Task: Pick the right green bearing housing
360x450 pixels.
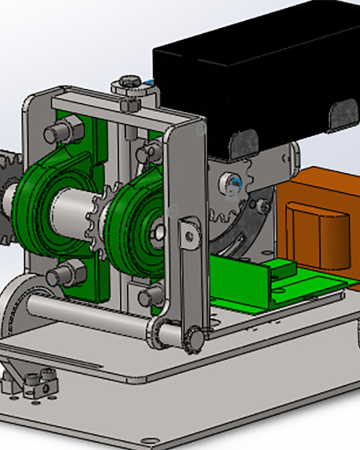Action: (x=134, y=216)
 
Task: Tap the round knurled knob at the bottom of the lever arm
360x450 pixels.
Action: (x=194, y=337)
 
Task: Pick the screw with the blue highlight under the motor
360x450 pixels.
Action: (x=232, y=180)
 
